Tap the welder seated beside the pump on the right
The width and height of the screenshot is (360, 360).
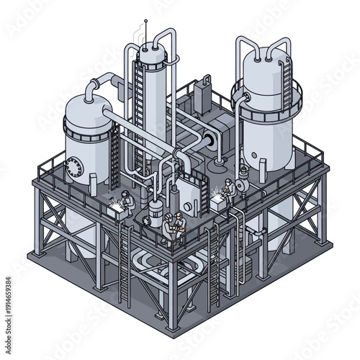click(228, 189)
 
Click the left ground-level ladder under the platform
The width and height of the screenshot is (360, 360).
click(125, 259)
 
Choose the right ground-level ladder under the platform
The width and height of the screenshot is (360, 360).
click(213, 266)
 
